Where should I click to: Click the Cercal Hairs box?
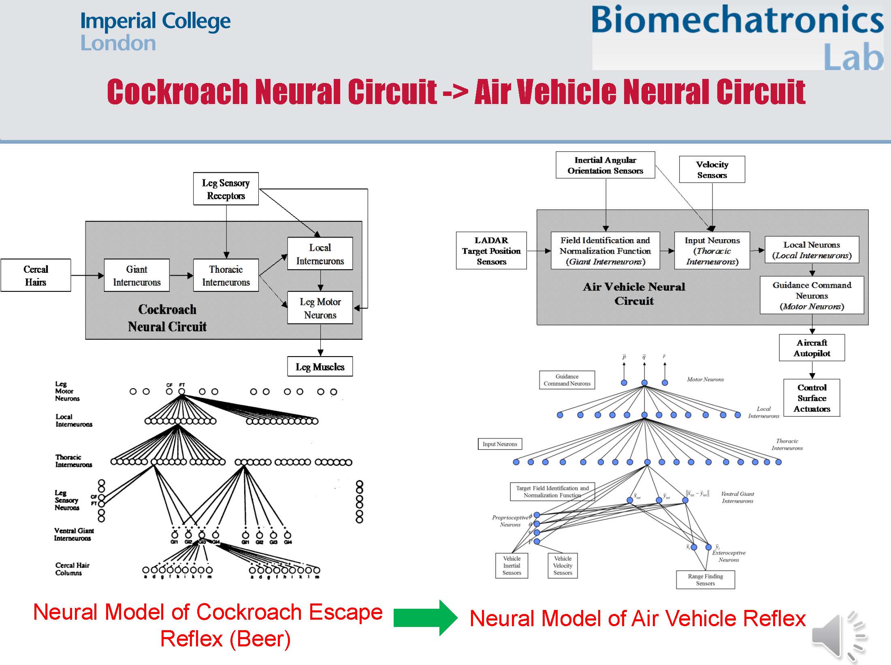point(36,275)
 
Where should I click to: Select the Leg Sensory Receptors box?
point(226,189)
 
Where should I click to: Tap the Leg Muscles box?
point(320,367)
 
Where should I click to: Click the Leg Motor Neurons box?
point(320,308)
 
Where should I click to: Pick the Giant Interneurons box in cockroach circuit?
point(137,275)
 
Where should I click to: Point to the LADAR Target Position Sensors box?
point(491,251)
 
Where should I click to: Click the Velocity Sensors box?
point(712,170)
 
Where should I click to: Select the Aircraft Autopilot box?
point(812,348)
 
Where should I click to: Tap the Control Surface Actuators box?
point(812,398)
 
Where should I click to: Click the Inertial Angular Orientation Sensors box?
point(605,165)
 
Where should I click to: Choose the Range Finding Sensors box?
point(705,580)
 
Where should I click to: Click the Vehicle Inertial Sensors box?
point(512,565)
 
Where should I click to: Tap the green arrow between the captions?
point(425,618)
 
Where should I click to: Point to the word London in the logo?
point(118,43)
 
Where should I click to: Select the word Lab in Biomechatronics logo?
point(853,57)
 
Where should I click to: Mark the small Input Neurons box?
point(500,444)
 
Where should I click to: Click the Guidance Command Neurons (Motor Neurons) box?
point(812,295)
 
